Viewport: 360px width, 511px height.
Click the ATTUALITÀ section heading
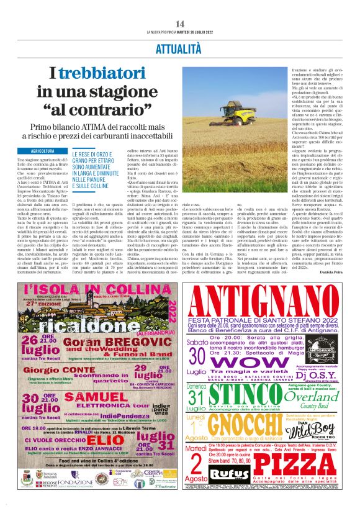point(180,48)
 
